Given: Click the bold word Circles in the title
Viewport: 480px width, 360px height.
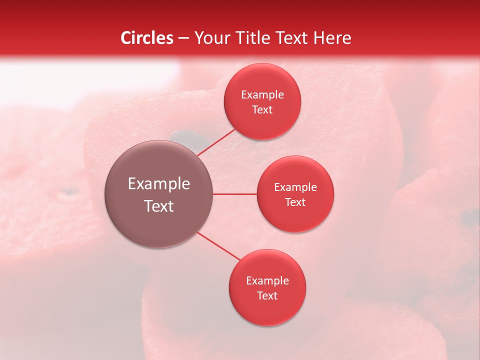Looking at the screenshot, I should click(147, 38).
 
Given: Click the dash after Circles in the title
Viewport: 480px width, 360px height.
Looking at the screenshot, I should click(183, 38).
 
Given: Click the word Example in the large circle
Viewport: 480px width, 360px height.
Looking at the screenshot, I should click(158, 184).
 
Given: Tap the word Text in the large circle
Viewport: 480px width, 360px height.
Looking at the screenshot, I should click(158, 206).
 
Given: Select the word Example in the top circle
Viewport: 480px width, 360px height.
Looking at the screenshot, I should click(262, 95).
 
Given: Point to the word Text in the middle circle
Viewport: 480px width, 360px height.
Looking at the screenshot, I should click(295, 202).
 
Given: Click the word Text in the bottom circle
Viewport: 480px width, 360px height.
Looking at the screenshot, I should click(267, 296).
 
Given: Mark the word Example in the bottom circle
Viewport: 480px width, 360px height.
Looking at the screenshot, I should click(267, 281).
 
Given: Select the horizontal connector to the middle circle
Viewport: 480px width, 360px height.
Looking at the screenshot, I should click(234, 194).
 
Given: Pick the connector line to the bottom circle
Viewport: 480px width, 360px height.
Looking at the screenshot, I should click(218, 246).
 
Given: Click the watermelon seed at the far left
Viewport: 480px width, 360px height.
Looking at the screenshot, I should click(68, 191).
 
